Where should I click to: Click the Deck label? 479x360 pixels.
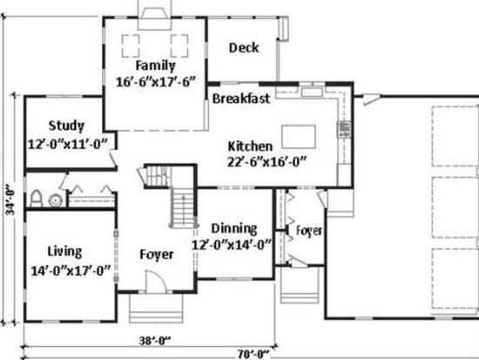click(244, 48)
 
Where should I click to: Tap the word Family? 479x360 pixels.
click(156, 65)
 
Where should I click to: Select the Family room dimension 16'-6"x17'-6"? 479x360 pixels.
click(156, 82)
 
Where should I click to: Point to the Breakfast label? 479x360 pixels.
click(241, 98)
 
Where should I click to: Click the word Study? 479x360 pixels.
click(66, 126)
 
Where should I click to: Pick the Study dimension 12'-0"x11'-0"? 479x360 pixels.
click(68, 144)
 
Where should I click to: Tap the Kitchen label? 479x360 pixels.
click(250, 146)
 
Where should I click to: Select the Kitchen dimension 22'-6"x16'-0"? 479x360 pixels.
click(266, 162)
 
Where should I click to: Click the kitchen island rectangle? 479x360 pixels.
click(299, 137)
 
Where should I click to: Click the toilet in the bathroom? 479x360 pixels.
click(36, 199)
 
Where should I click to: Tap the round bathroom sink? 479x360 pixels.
click(56, 200)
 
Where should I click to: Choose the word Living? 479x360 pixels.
click(64, 251)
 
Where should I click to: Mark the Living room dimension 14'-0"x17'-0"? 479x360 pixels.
click(71, 271)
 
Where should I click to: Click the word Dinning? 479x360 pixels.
click(234, 228)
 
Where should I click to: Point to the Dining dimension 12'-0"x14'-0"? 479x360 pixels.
click(232, 245)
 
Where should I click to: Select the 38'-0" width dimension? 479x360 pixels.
click(155, 341)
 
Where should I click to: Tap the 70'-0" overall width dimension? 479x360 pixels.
click(253, 354)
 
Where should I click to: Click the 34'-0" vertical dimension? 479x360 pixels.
click(10, 199)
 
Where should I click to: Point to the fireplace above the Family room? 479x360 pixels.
click(154, 15)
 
